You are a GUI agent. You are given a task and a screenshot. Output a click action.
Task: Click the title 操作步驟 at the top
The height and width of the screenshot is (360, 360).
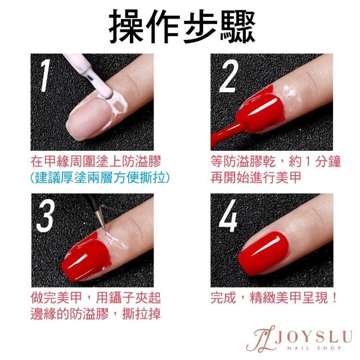coord(182,26)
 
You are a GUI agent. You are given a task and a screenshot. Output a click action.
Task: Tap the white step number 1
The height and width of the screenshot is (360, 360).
coord(45,75)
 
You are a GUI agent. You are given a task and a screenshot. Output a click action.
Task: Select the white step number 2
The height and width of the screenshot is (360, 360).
coord(228,76)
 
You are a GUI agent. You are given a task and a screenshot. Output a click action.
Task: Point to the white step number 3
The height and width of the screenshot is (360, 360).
coord(46,215)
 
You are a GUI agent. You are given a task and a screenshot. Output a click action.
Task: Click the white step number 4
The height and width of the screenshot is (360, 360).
coord(228,215)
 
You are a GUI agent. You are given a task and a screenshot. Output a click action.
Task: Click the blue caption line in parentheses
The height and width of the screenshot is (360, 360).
coord(100,178)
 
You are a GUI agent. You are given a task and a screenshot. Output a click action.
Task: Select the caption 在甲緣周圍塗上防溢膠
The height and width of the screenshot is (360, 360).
coord(96,161)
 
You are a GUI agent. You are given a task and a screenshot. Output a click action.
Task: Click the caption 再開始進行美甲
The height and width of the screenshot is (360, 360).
coord(256,177)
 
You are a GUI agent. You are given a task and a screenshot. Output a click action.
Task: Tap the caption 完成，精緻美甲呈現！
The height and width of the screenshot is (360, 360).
coord(274,298)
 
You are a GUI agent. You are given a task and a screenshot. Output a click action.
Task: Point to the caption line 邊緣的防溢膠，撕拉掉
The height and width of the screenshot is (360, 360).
coord(96,314)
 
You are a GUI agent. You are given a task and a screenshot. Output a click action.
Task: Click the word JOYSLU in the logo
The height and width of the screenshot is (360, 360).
coord(314,336)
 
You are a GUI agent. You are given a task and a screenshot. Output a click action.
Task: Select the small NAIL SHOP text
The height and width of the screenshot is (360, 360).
coord(314,348)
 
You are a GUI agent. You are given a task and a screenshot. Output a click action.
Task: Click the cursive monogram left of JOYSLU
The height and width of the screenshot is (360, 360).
coord(260,339)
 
